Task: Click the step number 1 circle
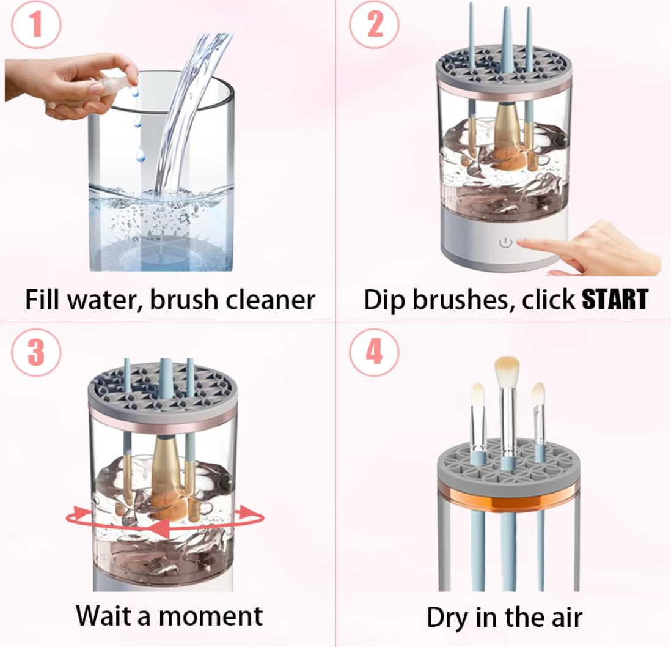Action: click(x=36, y=24)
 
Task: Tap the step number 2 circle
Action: click(x=374, y=24)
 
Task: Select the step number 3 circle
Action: click(x=36, y=352)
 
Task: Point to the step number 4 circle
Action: click(x=374, y=352)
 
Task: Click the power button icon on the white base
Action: click(x=505, y=243)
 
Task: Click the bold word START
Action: click(x=615, y=299)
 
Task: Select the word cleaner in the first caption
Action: click(x=270, y=299)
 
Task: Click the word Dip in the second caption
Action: click(x=384, y=300)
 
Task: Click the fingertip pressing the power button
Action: click(x=523, y=243)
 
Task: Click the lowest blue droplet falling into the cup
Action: click(x=140, y=155)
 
